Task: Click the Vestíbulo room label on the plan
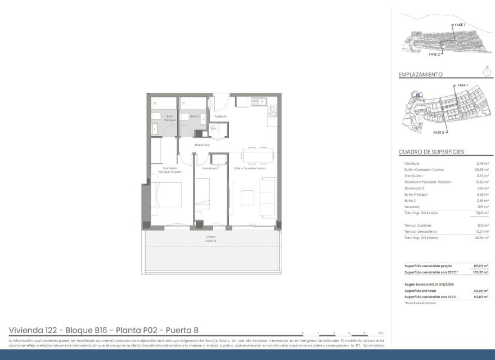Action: coord(220,116)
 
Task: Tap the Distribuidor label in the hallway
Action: coord(202,145)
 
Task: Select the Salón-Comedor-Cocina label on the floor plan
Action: coord(250,168)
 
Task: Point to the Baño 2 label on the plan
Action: coord(195,116)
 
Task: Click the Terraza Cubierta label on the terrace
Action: coord(210,239)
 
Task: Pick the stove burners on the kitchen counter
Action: coord(273,110)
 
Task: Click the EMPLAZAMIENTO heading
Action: coord(420,74)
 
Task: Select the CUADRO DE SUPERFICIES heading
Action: coord(431,152)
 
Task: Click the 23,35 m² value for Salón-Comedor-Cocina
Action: coord(481,169)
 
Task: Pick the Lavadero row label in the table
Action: coord(413,206)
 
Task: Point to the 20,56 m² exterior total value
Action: coord(481,237)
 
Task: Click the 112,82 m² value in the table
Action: coord(481,296)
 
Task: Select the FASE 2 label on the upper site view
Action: coord(434,55)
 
